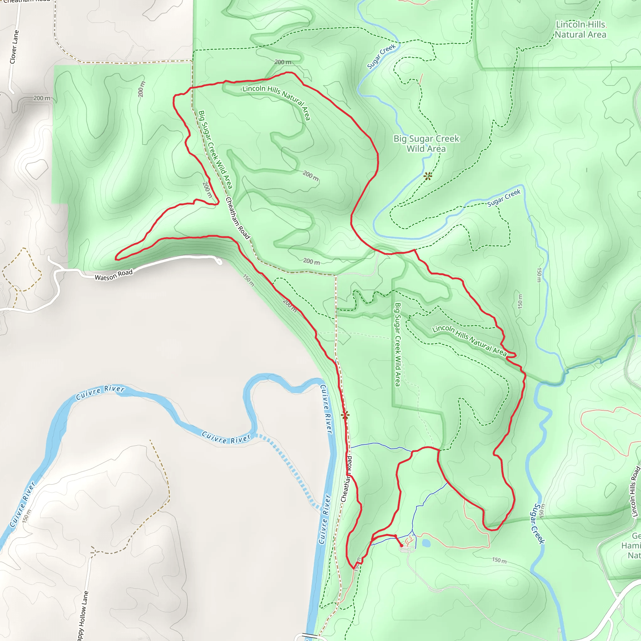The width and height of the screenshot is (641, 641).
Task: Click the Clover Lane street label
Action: pos(14,47)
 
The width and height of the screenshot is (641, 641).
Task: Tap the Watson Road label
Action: pos(114,275)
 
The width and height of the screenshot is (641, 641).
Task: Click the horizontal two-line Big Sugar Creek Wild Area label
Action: pos(426,144)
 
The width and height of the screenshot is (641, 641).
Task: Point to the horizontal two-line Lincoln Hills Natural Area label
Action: pos(580,29)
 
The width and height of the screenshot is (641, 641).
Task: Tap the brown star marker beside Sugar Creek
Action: pos(428,176)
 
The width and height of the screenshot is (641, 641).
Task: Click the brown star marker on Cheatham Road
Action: pos(345,415)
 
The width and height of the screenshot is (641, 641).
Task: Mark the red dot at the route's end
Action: pos(402,546)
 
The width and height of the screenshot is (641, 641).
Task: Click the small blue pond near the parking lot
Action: pos(426,543)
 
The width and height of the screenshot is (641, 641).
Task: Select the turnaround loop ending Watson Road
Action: pos(219,262)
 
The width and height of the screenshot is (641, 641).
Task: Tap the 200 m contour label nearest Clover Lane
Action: pos(42,98)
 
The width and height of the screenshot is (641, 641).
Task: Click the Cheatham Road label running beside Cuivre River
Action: pos(346,479)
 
